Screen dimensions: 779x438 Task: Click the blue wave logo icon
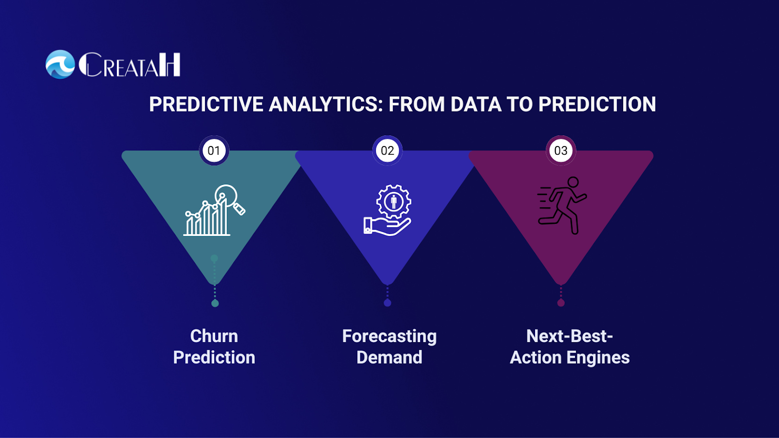pyautogui.click(x=60, y=64)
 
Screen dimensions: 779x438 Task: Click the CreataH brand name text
pyautogui.click(x=130, y=65)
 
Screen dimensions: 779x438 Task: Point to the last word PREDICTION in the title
pyautogui.click(x=597, y=104)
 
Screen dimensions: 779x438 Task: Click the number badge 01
pyautogui.click(x=214, y=150)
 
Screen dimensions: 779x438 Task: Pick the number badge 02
pyautogui.click(x=388, y=150)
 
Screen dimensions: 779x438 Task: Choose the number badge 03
pyautogui.click(x=560, y=150)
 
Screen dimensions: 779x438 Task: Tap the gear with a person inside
pyautogui.click(x=394, y=201)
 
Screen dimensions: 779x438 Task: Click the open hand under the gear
pyautogui.click(x=387, y=226)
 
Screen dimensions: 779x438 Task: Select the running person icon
pyautogui.click(x=562, y=205)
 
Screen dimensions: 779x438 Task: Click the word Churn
pyautogui.click(x=214, y=336)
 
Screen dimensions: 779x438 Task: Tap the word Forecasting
pyautogui.click(x=389, y=337)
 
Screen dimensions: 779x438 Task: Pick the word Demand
pyautogui.click(x=389, y=357)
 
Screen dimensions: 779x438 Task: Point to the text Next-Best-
pyautogui.click(x=569, y=336)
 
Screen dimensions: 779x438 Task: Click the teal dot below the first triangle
pyautogui.click(x=215, y=304)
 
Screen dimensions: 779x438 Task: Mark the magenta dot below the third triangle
pyautogui.click(x=560, y=303)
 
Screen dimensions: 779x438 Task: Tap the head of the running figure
pyautogui.click(x=573, y=182)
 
